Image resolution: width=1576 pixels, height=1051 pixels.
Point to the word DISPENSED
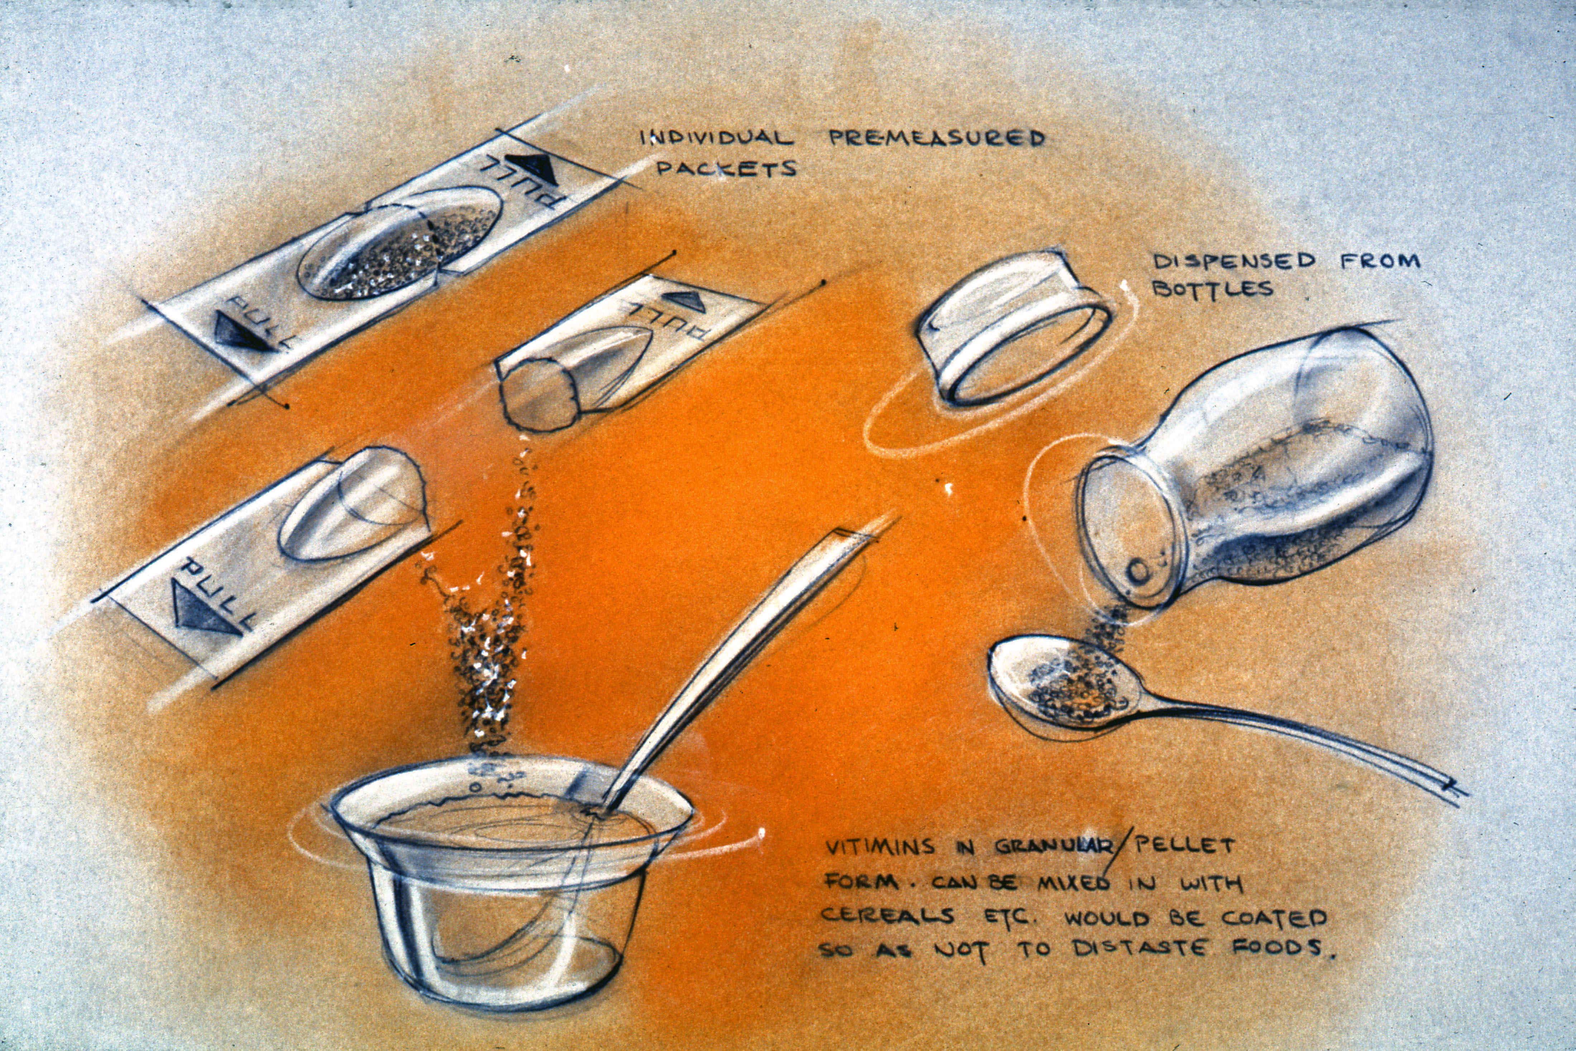[x=1233, y=261]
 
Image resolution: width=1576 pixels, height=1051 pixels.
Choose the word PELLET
[x=1183, y=845]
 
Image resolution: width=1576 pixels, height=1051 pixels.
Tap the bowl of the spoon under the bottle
[x=1066, y=684]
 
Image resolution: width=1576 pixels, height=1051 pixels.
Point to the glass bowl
[x=510, y=878]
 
